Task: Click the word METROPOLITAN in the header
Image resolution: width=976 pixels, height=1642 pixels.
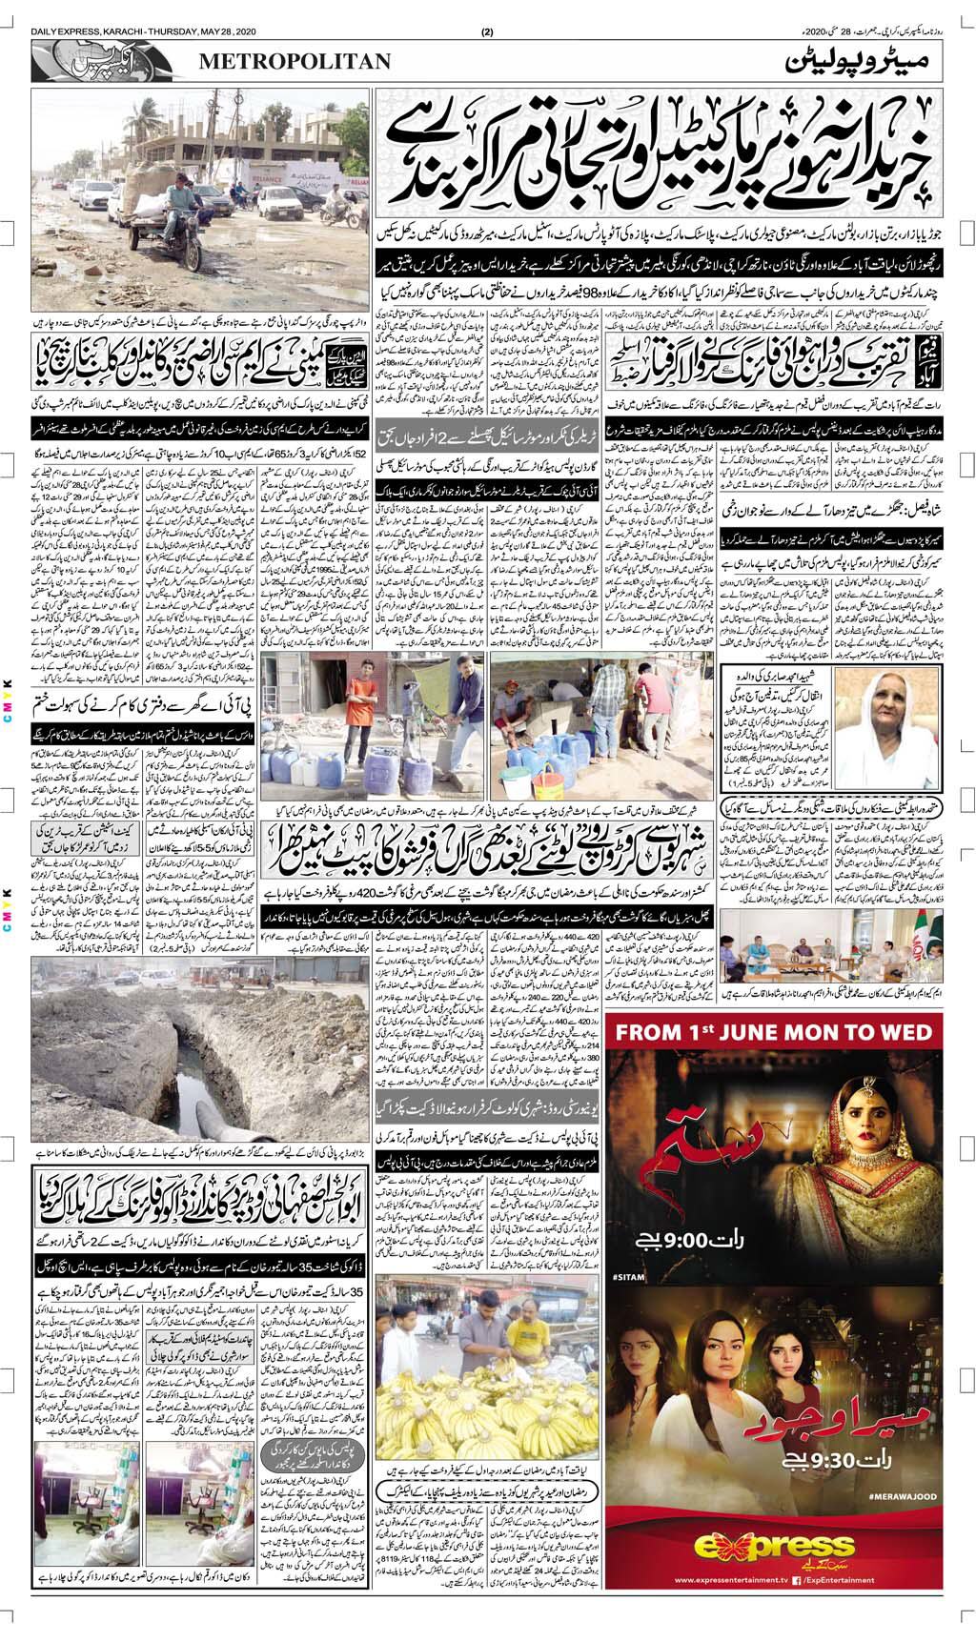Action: (295, 62)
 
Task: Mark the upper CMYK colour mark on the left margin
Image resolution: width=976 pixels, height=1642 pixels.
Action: (7, 695)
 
